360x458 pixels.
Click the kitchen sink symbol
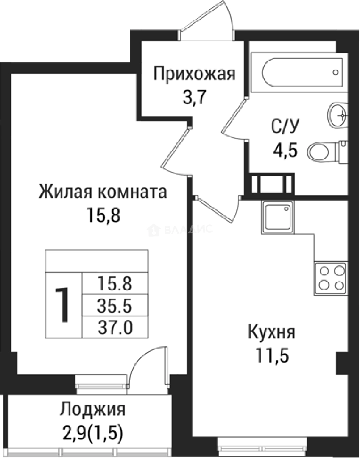click(277, 217)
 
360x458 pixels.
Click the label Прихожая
click(194, 75)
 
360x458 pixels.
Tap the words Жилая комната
click(103, 192)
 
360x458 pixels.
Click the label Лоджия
click(92, 410)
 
